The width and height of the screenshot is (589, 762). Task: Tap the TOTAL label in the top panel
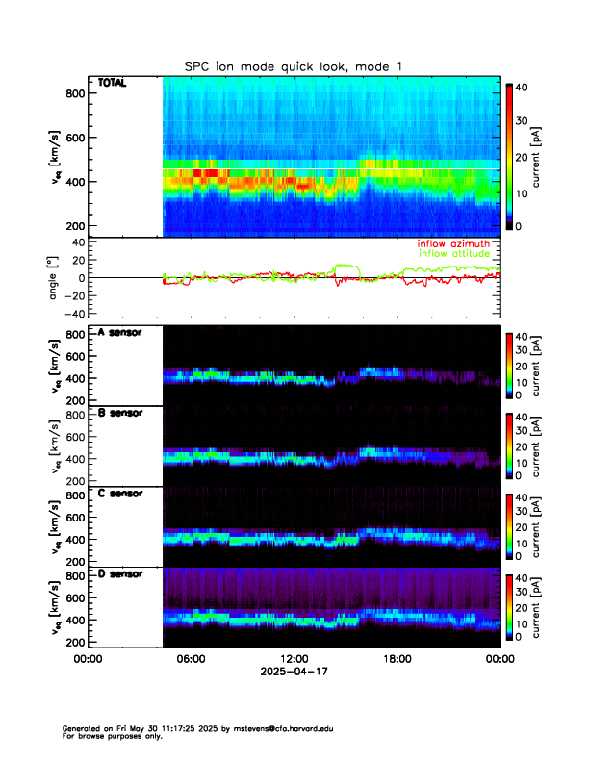point(112,84)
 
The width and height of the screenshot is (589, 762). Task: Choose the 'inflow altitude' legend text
point(454,254)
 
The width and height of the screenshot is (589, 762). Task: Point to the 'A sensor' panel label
point(120,332)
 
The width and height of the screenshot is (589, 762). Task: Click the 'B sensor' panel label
point(120,413)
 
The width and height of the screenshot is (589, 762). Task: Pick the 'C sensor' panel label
point(120,494)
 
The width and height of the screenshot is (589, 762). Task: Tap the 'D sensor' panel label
point(120,574)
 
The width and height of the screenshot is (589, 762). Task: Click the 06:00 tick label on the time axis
point(191,659)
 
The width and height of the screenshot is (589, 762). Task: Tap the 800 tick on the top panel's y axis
point(73,93)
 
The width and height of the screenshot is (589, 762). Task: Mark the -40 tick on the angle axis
point(71,314)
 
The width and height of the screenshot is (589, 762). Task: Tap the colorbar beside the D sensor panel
point(509,608)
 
